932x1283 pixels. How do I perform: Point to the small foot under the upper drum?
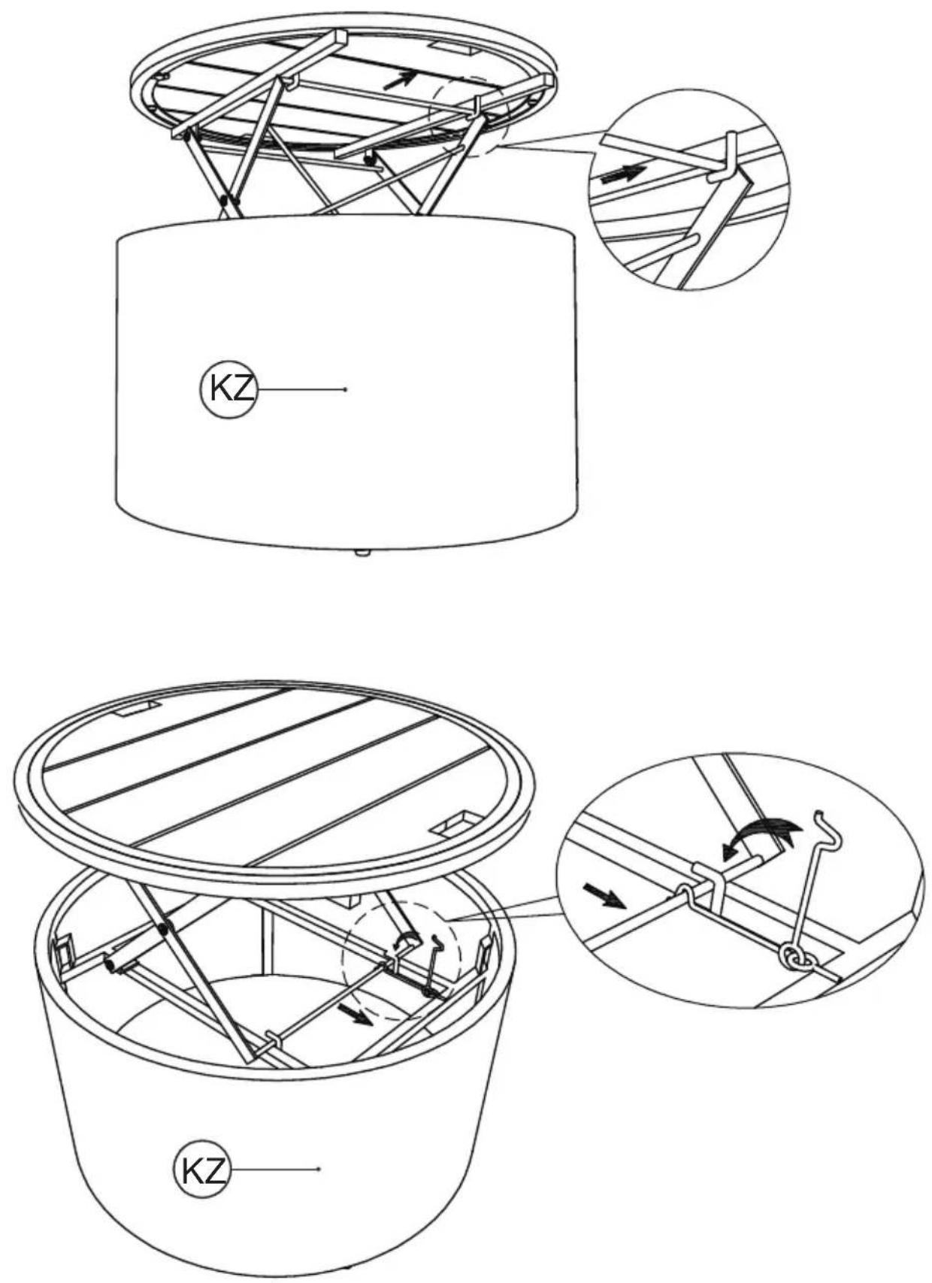(x=362, y=553)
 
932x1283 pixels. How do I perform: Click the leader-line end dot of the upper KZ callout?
(x=345, y=389)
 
